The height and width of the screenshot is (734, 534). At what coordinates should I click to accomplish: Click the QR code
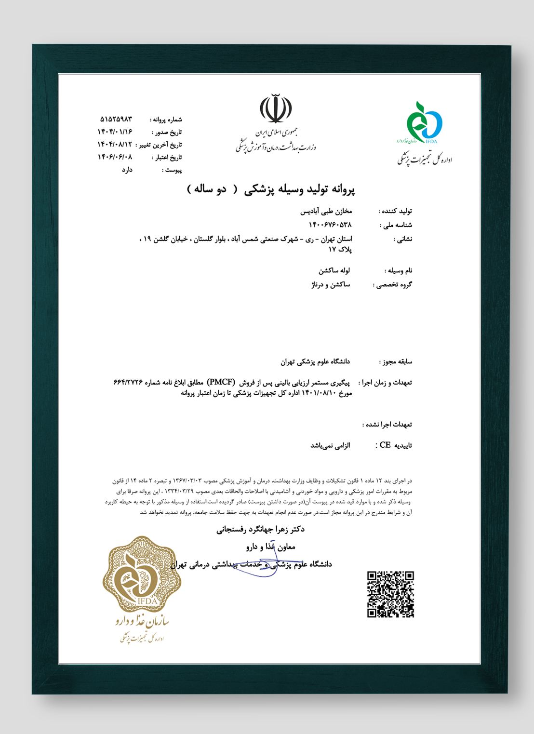coord(390,594)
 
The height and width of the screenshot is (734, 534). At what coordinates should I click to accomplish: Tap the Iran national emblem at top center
coord(276,109)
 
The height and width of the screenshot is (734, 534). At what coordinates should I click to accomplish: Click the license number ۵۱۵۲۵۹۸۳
coord(116,119)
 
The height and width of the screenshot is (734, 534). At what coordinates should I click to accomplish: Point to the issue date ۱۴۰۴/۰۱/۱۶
coord(115,132)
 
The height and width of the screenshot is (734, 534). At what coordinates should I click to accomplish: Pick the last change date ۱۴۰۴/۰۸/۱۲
coord(115,144)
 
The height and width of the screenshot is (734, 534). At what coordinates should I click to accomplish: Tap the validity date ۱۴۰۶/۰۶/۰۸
coord(115,157)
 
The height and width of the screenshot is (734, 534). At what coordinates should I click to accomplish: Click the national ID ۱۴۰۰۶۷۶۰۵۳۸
coord(330,225)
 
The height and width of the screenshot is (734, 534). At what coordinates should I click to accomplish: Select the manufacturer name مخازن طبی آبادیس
coord(326,211)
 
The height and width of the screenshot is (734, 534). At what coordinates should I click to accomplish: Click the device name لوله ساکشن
coord(334,270)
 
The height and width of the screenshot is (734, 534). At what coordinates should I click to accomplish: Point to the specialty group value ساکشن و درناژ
coord(331,284)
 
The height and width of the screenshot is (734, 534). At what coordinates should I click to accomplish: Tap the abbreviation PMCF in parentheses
coord(221,383)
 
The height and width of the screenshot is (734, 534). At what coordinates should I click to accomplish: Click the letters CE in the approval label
coord(385,445)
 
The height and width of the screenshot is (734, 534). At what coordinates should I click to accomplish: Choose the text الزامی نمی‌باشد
coord(330,445)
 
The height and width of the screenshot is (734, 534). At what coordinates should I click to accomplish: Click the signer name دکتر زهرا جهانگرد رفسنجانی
coord(260,529)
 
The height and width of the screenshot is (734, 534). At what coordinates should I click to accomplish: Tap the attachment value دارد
coord(127,170)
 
